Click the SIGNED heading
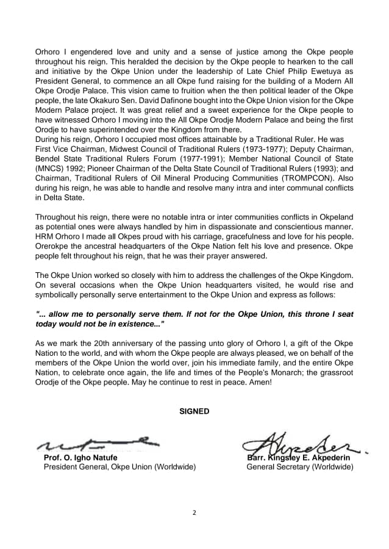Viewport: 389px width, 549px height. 194,411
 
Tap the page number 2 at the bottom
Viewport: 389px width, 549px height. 194,512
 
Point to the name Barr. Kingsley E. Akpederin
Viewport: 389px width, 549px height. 299,458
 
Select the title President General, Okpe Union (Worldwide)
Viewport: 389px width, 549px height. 120,467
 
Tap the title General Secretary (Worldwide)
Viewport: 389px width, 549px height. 299,467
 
